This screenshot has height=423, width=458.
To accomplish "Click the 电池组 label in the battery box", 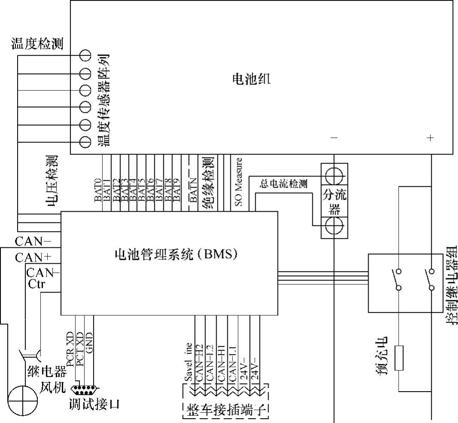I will pyautogui.click(x=251, y=79).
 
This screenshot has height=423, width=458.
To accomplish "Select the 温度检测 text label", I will pyautogui.click(x=37, y=43).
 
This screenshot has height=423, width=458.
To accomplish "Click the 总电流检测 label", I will pyautogui.click(x=284, y=184).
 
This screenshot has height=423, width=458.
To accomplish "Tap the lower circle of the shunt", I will pyautogui.click(x=335, y=225).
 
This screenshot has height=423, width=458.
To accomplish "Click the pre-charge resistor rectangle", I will pyautogui.click(x=399, y=357).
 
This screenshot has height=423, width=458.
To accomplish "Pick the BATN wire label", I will pyautogui.click(x=193, y=190).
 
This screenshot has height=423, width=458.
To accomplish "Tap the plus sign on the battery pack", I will pyautogui.click(x=431, y=138).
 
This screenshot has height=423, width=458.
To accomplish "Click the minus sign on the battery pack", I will pyautogui.click(x=334, y=138).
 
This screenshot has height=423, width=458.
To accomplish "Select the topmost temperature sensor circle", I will pyautogui.click(x=85, y=56).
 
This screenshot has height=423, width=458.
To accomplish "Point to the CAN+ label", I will pyautogui.click(x=34, y=257).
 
